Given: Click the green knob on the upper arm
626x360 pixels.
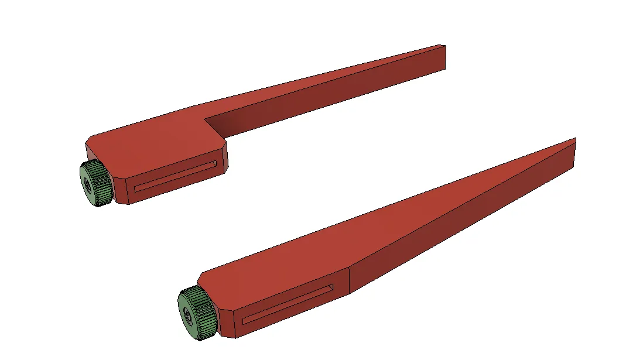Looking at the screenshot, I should coord(95,183).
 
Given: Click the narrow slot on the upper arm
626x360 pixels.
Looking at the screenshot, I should coord(176,175).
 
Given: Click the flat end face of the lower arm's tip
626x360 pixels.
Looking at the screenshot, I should coord(574,153).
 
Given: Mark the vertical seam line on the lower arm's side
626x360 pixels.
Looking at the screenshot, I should coord(350,280).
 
